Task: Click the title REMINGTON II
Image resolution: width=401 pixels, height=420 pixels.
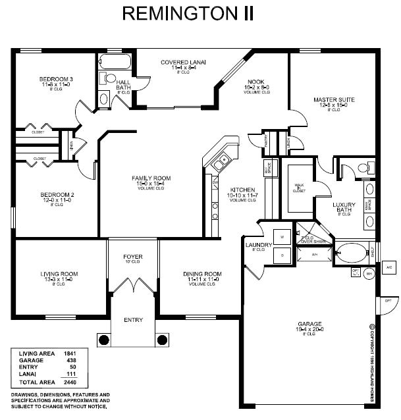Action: (188, 14)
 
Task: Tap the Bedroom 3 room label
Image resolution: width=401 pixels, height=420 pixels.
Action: (56, 79)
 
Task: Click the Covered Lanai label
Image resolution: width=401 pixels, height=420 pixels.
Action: (183, 62)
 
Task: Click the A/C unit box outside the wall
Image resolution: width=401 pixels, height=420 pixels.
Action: (388, 267)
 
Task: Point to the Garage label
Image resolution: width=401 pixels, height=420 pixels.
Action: (309, 325)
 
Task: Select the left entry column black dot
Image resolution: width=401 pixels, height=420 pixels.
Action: (103, 340)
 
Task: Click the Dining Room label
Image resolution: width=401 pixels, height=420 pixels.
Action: (201, 273)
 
